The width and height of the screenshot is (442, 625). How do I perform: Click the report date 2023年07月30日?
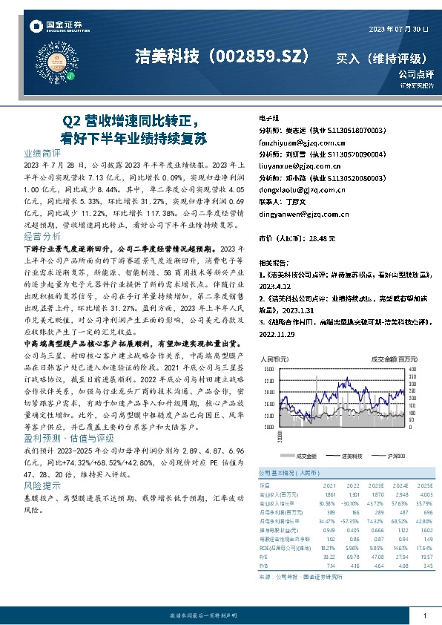398,29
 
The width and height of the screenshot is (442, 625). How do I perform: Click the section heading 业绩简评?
42,151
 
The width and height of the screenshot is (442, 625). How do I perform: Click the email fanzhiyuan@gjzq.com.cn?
298,139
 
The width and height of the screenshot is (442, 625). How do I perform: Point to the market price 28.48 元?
322,238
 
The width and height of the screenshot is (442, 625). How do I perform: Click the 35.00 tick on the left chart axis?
268,368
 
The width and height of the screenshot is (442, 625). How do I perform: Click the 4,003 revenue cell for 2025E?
424,494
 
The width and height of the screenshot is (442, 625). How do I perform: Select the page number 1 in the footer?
424,615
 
